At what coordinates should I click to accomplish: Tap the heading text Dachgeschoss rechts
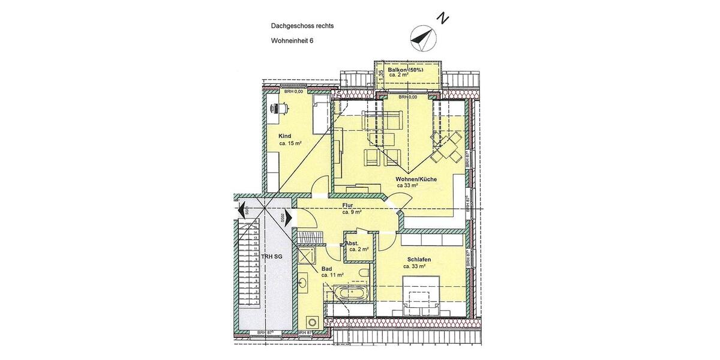(302, 26)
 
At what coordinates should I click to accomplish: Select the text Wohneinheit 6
(292, 41)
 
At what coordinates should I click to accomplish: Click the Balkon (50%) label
(406, 70)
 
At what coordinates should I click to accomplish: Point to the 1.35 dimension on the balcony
(380, 74)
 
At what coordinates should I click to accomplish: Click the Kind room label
(284, 136)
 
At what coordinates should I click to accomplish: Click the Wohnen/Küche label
(416, 179)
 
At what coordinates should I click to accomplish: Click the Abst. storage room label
(352, 243)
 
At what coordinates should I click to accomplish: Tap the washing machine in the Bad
(311, 321)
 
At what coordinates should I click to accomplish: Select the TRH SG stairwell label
(271, 257)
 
